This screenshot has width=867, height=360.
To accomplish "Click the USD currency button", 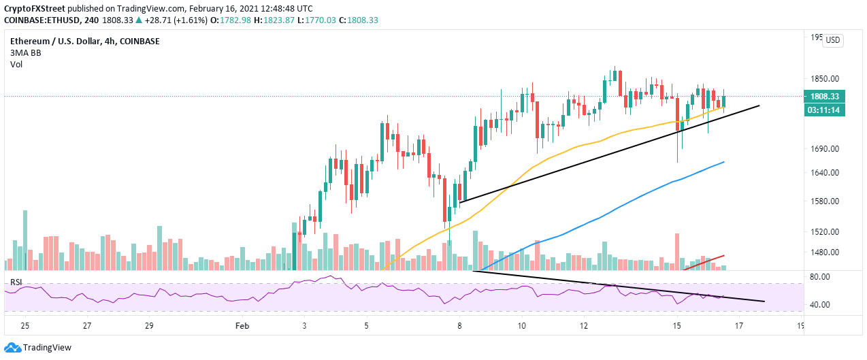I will click(x=832, y=41).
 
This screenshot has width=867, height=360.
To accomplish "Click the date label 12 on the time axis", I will click(x=583, y=326).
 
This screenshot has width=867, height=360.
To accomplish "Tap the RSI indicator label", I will click(x=15, y=282).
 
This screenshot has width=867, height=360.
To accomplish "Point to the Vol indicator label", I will click(x=16, y=65).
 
